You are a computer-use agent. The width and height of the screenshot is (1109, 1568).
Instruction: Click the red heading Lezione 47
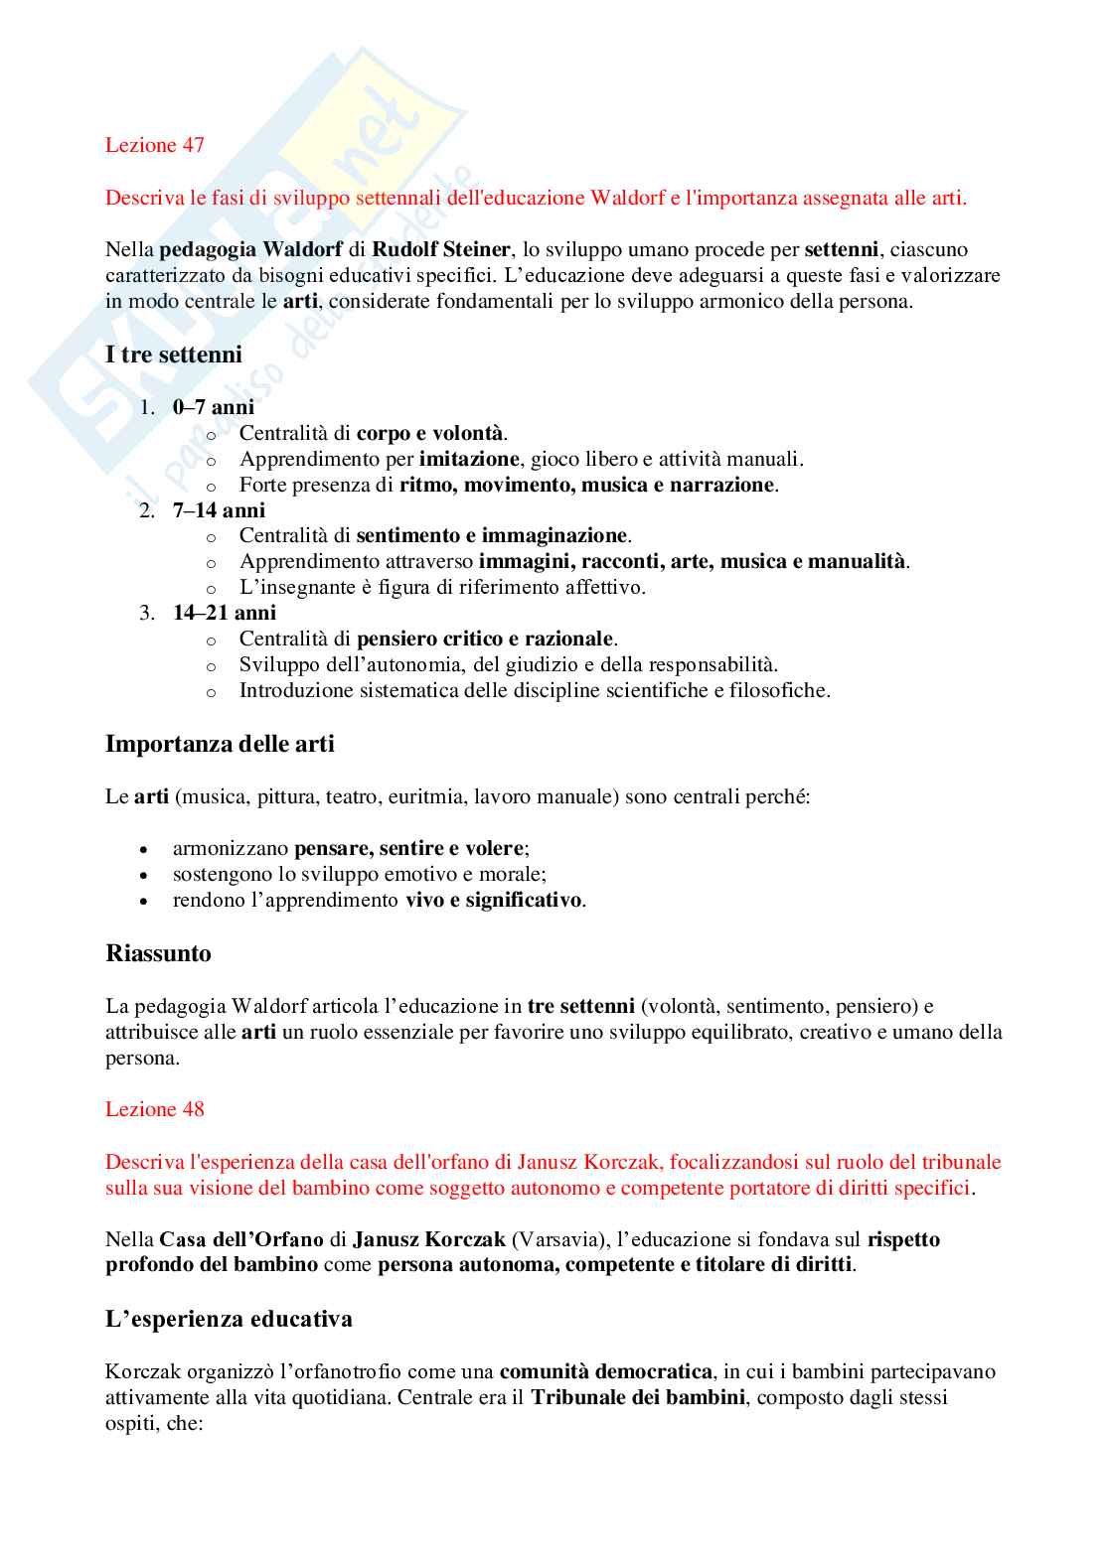(x=154, y=145)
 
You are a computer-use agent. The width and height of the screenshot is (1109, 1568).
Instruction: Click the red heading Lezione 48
(x=154, y=1109)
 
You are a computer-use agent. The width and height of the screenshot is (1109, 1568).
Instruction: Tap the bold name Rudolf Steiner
(x=440, y=249)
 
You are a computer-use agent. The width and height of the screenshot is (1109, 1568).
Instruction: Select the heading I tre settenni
(x=173, y=355)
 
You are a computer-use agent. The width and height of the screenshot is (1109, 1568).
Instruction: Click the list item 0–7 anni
(x=213, y=407)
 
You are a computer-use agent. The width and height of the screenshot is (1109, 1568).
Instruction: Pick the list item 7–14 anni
(x=219, y=510)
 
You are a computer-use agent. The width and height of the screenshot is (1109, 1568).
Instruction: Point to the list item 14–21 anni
(x=224, y=613)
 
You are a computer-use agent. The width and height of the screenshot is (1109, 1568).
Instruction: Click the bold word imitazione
(x=468, y=459)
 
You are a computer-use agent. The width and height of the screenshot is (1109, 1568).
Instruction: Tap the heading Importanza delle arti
(x=220, y=744)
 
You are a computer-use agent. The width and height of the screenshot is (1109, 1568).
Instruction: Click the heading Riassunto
(x=158, y=953)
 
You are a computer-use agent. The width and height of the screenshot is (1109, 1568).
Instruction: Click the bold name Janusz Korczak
(x=428, y=1239)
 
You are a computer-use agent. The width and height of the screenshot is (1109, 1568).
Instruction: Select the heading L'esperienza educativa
(x=229, y=1319)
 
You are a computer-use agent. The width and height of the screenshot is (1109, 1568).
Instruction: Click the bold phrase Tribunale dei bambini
(x=637, y=1397)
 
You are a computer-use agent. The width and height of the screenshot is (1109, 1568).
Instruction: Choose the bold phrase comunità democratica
(x=605, y=1371)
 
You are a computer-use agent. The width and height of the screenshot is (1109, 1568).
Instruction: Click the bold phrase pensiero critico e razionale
(x=485, y=639)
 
